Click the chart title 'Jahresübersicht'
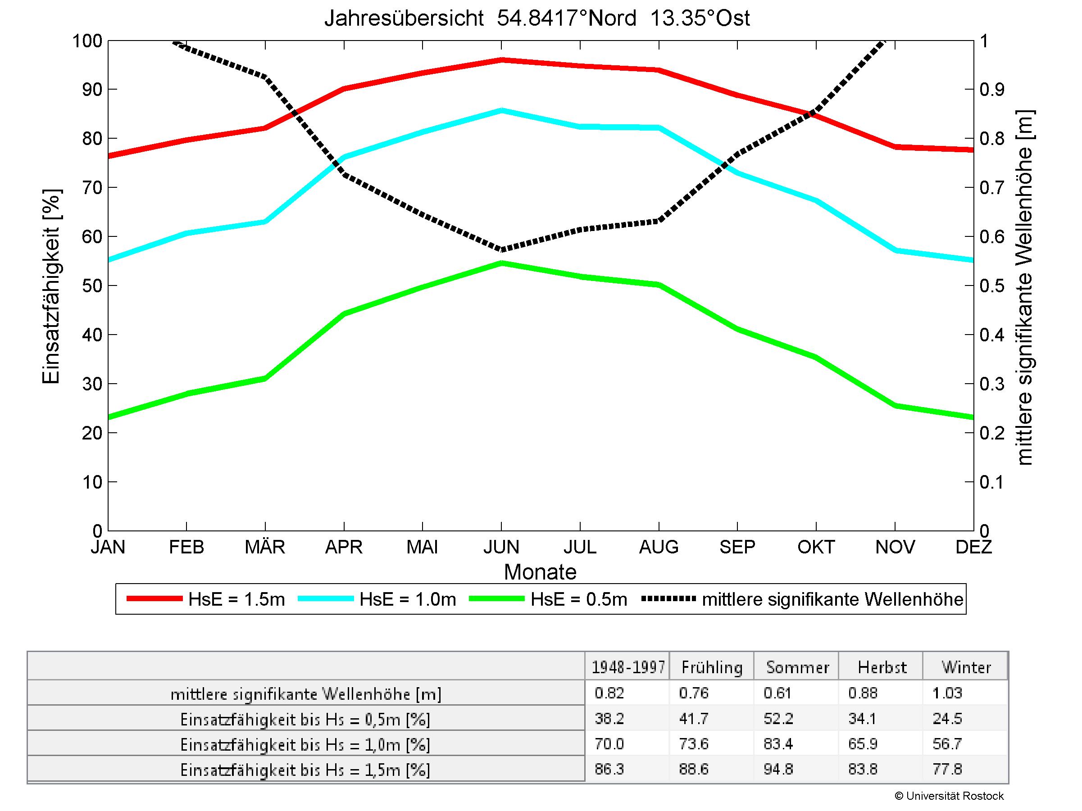(404, 18)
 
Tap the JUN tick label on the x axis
(501, 547)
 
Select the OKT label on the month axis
(815, 547)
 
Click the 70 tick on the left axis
(92, 188)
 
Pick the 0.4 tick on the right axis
(991, 335)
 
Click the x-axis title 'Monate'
(540, 572)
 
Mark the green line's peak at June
(501, 263)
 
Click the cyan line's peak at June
(501, 110)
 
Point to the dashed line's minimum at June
(501, 249)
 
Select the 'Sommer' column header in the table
(797, 667)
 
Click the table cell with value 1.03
(947, 693)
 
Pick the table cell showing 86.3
(609, 769)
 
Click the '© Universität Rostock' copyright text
(949, 796)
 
